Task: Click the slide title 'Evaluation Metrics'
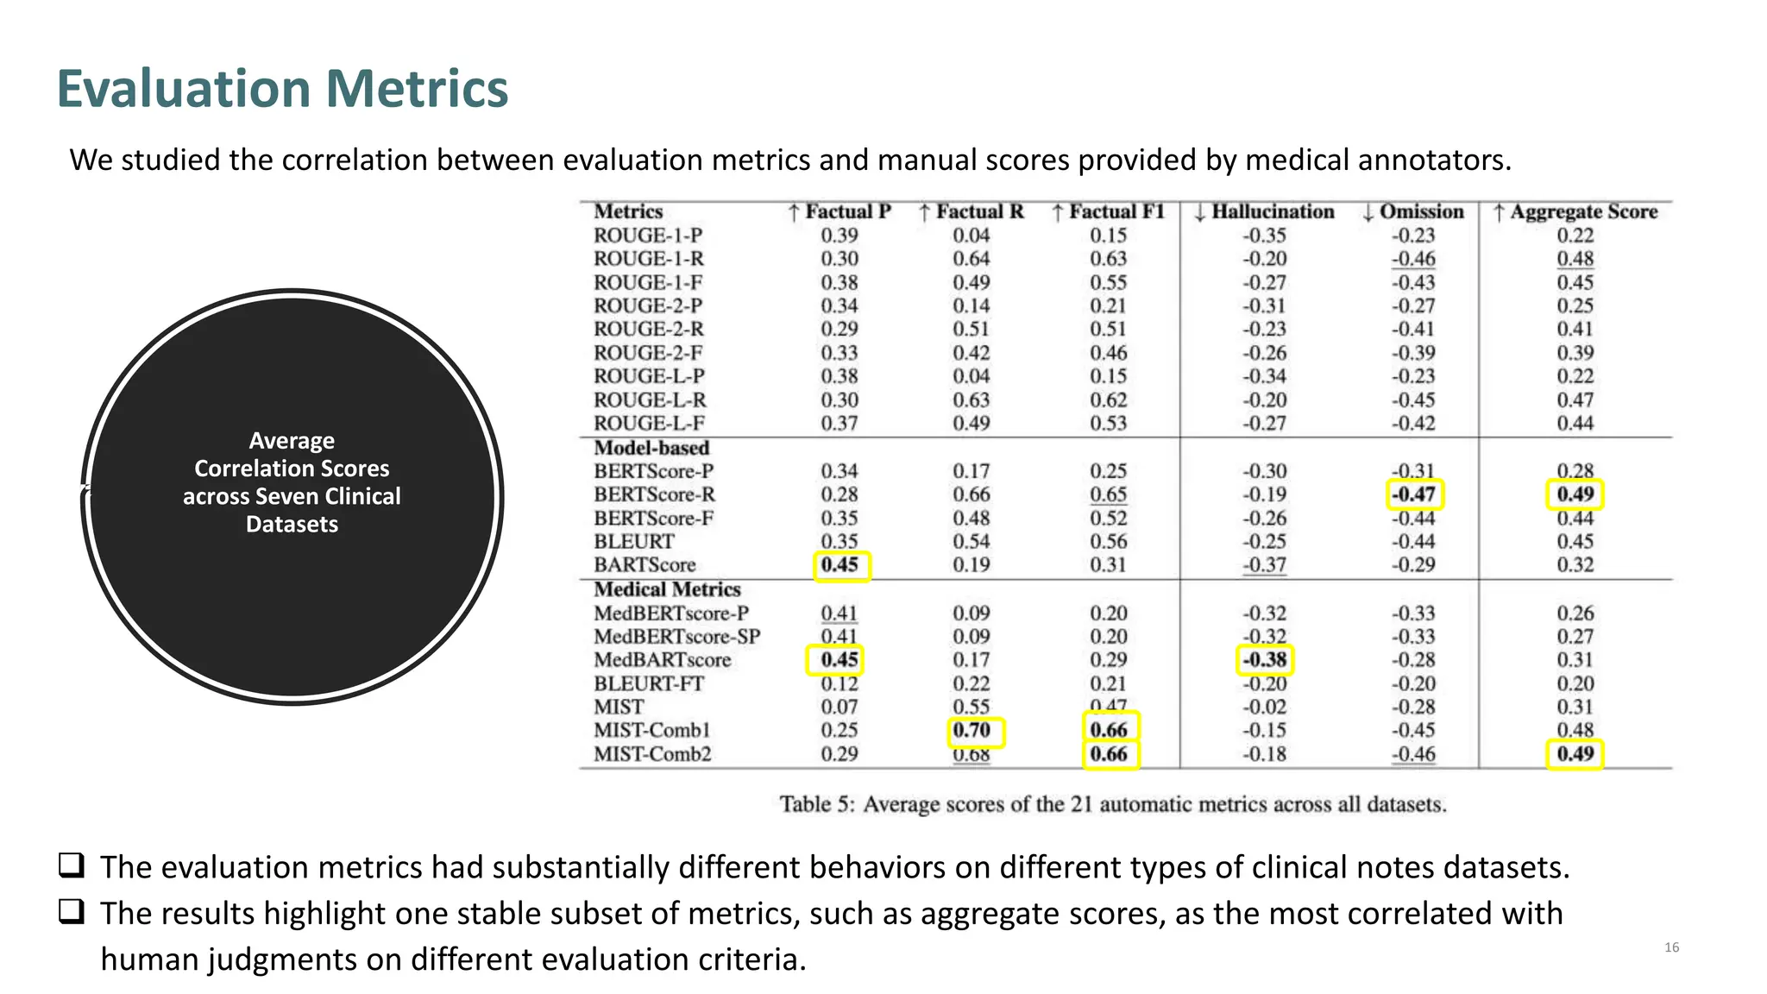coord(282,89)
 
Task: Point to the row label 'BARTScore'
coord(645,565)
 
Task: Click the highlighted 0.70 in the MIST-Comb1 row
coord(973,731)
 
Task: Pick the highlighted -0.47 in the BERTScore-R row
coord(1413,494)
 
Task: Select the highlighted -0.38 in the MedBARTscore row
coord(1264,660)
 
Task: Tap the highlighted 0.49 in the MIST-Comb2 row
coord(1575,754)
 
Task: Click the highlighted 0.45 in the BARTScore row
coord(840,565)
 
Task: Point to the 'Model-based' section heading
coord(651,448)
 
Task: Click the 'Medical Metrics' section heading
coord(667,589)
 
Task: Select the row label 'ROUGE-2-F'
coord(648,353)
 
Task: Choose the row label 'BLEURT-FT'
coord(649,683)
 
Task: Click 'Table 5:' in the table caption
coord(817,804)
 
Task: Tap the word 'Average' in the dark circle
coord(292,441)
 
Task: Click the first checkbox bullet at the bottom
coord(72,865)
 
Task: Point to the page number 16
coord(1671,947)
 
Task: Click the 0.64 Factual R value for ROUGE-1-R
coord(972,259)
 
